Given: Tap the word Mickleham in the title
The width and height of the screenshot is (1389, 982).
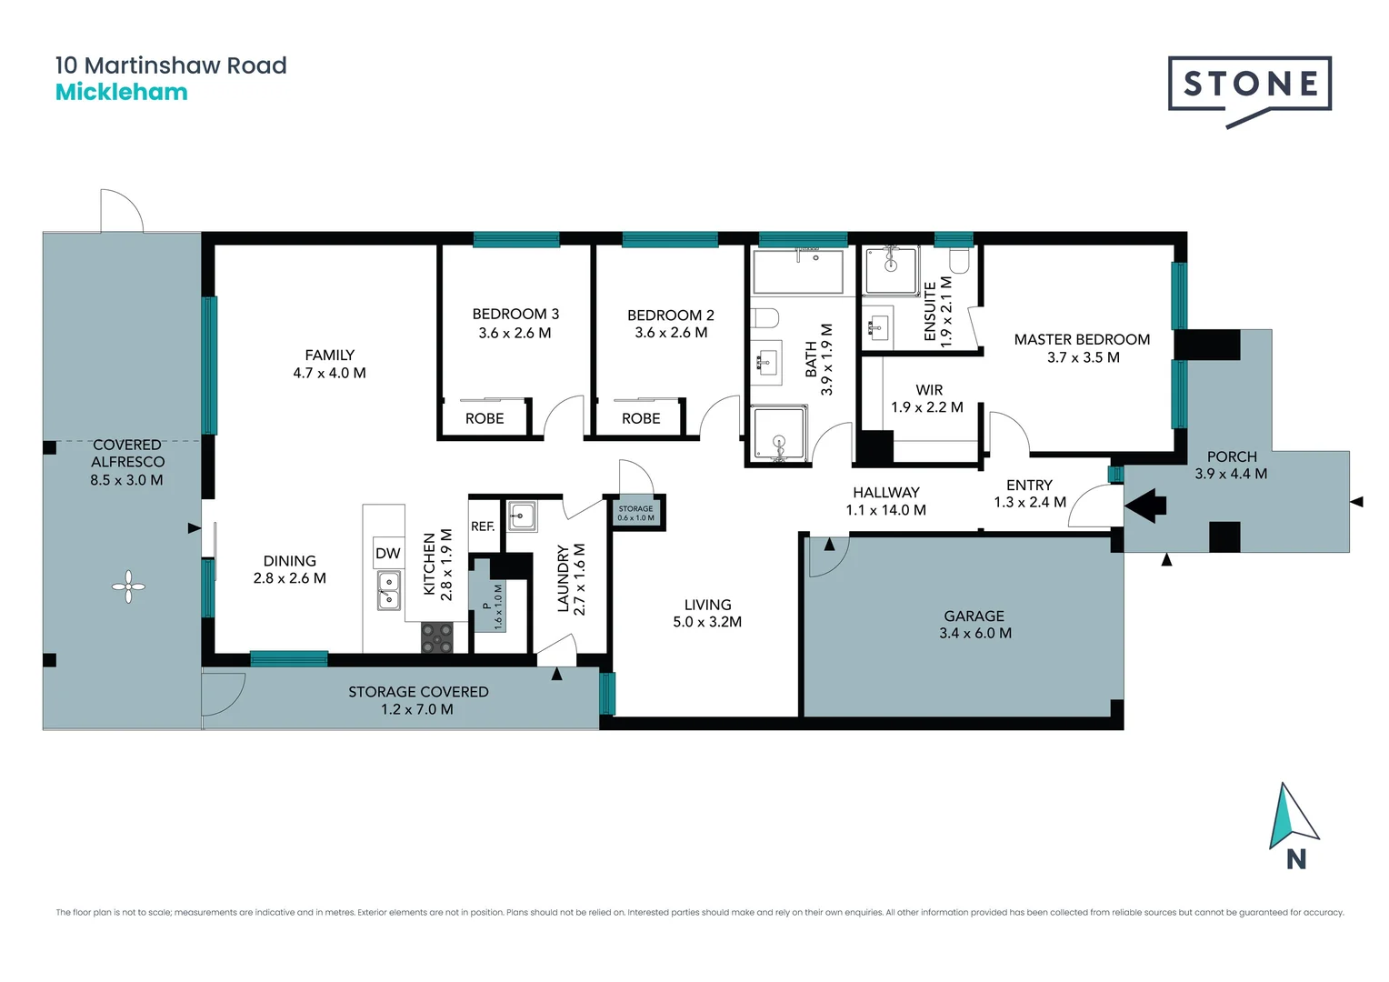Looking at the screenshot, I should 122,92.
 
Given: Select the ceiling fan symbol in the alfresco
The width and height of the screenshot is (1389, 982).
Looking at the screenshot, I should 128,586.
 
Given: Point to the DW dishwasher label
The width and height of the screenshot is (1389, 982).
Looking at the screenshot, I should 388,553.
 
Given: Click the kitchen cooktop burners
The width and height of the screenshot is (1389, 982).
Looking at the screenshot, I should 437,637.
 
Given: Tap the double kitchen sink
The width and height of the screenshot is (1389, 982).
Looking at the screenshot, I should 389,590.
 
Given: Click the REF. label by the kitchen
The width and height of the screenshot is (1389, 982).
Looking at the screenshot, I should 483,526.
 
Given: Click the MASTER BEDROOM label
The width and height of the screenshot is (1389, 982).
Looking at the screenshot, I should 1082,339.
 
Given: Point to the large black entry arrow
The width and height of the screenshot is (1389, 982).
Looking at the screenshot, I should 1146,505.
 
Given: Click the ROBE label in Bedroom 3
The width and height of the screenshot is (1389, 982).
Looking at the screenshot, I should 485,418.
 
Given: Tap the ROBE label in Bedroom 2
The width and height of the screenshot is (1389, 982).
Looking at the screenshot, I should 641,418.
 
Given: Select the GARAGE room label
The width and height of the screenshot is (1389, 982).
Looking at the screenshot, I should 974,616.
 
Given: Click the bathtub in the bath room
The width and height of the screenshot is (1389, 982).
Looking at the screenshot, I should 797,271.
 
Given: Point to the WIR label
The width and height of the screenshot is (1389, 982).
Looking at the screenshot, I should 929,390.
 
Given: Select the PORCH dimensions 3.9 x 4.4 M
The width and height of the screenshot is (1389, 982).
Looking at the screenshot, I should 1231,474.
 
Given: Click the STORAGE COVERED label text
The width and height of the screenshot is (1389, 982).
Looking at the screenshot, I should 418,692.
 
